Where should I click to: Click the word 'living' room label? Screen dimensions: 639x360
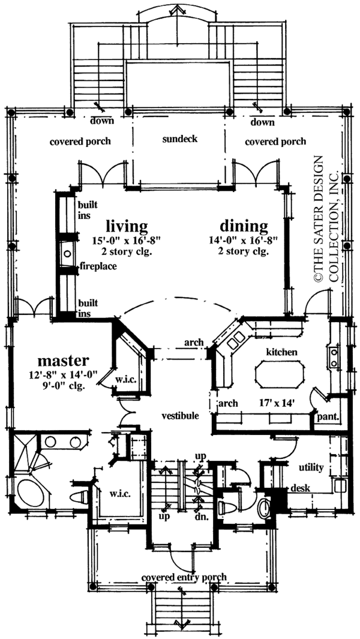(127, 226)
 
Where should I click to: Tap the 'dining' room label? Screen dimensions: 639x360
(243, 226)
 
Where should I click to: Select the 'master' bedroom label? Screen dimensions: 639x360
(63, 361)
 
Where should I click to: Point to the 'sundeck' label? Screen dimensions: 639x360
(179, 139)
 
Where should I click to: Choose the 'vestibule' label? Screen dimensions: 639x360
(179, 415)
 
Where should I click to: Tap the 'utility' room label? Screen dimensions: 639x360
(311, 467)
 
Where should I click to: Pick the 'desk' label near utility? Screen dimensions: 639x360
(300, 488)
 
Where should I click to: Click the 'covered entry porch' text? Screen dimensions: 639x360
(184, 577)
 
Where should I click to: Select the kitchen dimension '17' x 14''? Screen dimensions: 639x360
(277, 403)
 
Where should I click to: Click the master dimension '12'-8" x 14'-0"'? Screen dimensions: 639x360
(63, 375)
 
